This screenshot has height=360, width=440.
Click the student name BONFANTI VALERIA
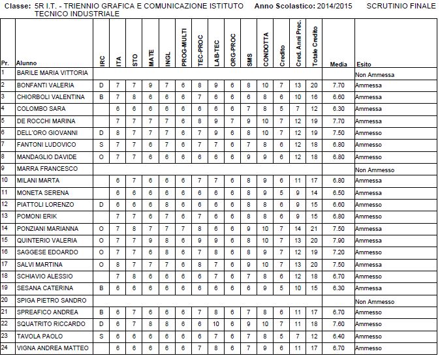coord(46,85)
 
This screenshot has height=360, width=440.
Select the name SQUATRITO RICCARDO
coord(50,324)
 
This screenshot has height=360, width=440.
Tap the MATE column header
coord(151,57)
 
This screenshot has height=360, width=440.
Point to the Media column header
coord(338,65)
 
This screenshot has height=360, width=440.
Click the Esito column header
coord(364,65)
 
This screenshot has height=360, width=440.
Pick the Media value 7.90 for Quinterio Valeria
coord(338,241)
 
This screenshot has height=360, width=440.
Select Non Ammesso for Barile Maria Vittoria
coord(375,74)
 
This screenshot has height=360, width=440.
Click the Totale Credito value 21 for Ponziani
coord(315,229)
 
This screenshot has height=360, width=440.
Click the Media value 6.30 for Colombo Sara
coord(338,109)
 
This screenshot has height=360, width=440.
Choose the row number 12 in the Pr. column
coord(5,205)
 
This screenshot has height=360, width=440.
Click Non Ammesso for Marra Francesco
coord(375,170)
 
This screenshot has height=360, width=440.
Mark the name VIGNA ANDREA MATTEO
coord(52,348)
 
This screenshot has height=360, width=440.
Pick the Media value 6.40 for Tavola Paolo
coord(338,337)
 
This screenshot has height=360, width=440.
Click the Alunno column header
coord(27,65)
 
